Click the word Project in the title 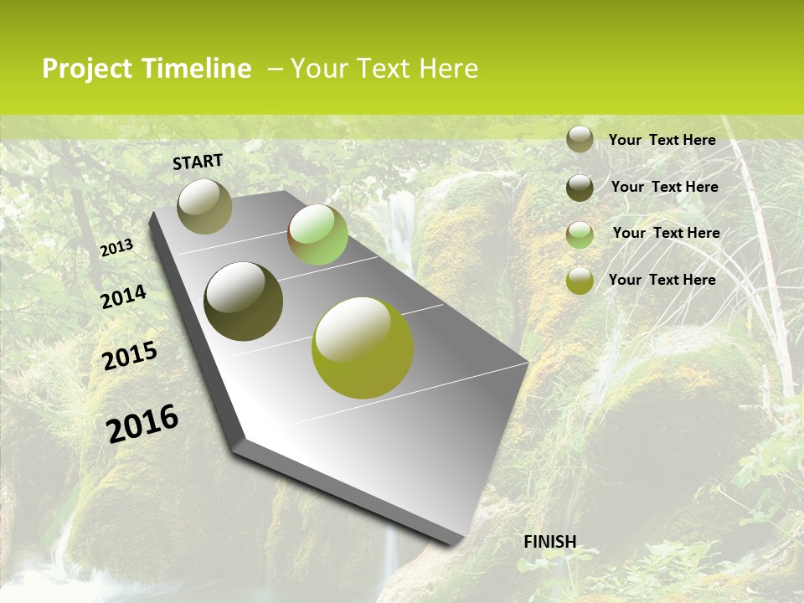coord(88,69)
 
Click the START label coord(198,162)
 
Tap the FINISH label coord(549,542)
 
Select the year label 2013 coord(116,248)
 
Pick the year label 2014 coord(123,296)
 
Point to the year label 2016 coord(142,423)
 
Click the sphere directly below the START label coord(205,206)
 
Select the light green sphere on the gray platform coord(317,234)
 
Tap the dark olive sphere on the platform coord(243,301)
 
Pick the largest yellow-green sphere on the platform coord(363,348)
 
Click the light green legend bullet coord(580,234)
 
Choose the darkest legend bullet coord(580,188)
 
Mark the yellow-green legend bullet coord(580,281)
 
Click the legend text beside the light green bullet coord(666,233)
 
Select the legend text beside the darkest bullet coord(664,187)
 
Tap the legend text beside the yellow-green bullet coord(662,280)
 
